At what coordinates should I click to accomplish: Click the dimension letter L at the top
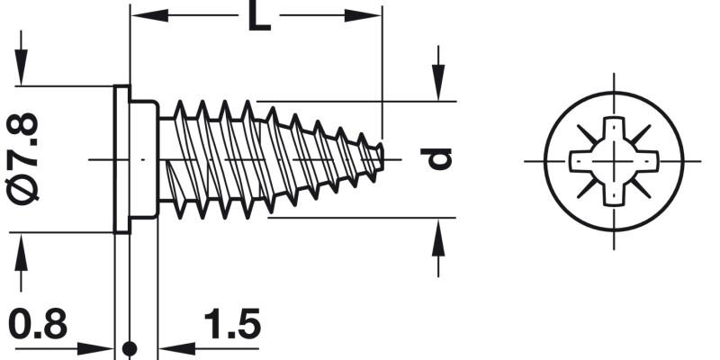tap(258, 17)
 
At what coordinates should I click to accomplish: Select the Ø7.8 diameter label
tap(27, 159)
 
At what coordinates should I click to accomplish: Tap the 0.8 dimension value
tap(38, 325)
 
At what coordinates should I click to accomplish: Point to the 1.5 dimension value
tap(231, 325)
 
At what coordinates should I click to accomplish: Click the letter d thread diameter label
tap(438, 158)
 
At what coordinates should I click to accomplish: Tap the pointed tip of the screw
tap(382, 155)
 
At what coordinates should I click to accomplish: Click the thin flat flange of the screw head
tap(122, 159)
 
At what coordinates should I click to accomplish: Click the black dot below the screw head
tap(130, 347)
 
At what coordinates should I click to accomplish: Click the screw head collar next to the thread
tap(144, 159)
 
